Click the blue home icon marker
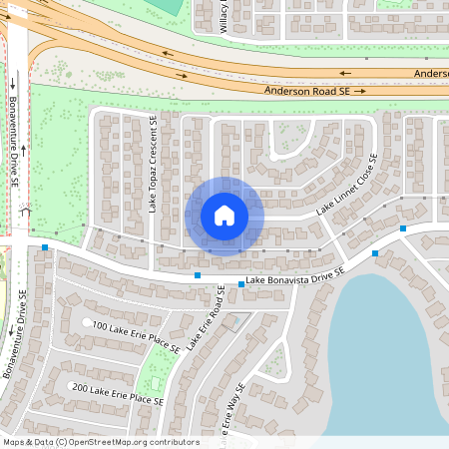(224, 216)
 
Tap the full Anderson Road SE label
(306, 91)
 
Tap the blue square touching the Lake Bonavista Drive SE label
(242, 285)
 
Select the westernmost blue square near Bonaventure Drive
(46, 248)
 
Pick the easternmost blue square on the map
(403, 228)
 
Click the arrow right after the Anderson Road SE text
(360, 91)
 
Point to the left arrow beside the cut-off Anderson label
(344, 73)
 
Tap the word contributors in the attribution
(174, 442)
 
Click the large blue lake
(389, 349)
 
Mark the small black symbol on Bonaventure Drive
(26, 212)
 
